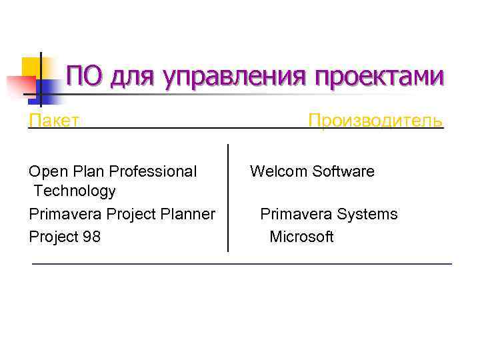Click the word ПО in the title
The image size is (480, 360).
click(85, 76)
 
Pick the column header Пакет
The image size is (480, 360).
click(55, 121)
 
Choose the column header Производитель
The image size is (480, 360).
click(375, 121)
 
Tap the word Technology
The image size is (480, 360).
click(75, 191)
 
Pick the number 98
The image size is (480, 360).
click(91, 237)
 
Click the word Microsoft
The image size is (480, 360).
click(301, 237)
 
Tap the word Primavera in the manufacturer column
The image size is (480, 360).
click(296, 215)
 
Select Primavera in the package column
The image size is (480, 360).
click(61, 215)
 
